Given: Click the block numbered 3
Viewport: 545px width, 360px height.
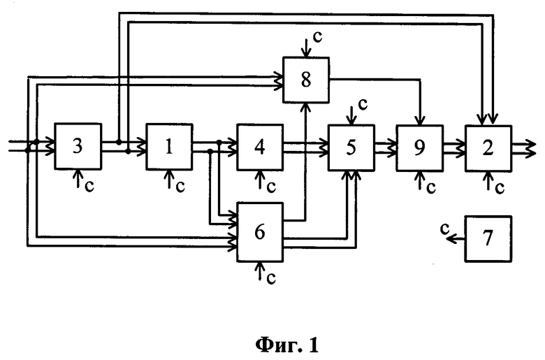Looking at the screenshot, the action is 78,146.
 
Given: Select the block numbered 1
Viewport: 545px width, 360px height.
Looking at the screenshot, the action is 169,146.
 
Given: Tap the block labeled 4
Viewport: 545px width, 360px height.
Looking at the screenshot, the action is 260,147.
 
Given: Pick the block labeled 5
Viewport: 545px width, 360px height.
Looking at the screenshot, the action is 351,147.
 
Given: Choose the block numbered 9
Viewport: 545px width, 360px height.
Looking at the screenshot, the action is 419,147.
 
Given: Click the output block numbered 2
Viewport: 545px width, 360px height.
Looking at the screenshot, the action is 488,148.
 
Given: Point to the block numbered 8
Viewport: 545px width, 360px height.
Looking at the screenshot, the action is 306,80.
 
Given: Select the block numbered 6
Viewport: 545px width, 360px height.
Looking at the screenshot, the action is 260,232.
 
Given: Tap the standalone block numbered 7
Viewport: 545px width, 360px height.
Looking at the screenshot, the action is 488,238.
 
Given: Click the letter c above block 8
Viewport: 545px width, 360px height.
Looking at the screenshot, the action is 317,37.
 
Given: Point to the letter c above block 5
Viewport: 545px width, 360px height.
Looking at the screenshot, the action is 363,104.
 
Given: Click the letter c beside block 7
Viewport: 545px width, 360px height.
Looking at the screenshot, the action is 444,228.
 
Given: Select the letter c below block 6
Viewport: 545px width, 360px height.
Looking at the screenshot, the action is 271,278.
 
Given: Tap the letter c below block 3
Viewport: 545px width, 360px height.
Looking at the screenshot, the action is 89,187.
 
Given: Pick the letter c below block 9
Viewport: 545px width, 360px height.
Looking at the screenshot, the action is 431,188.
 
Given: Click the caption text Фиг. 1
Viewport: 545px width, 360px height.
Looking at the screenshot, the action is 287,345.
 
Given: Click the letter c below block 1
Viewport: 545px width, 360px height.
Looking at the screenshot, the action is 180,187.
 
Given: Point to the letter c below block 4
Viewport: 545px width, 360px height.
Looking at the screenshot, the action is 271,187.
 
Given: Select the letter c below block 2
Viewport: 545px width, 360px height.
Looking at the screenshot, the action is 500,188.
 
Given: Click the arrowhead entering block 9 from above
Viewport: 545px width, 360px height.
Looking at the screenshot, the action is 420,120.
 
